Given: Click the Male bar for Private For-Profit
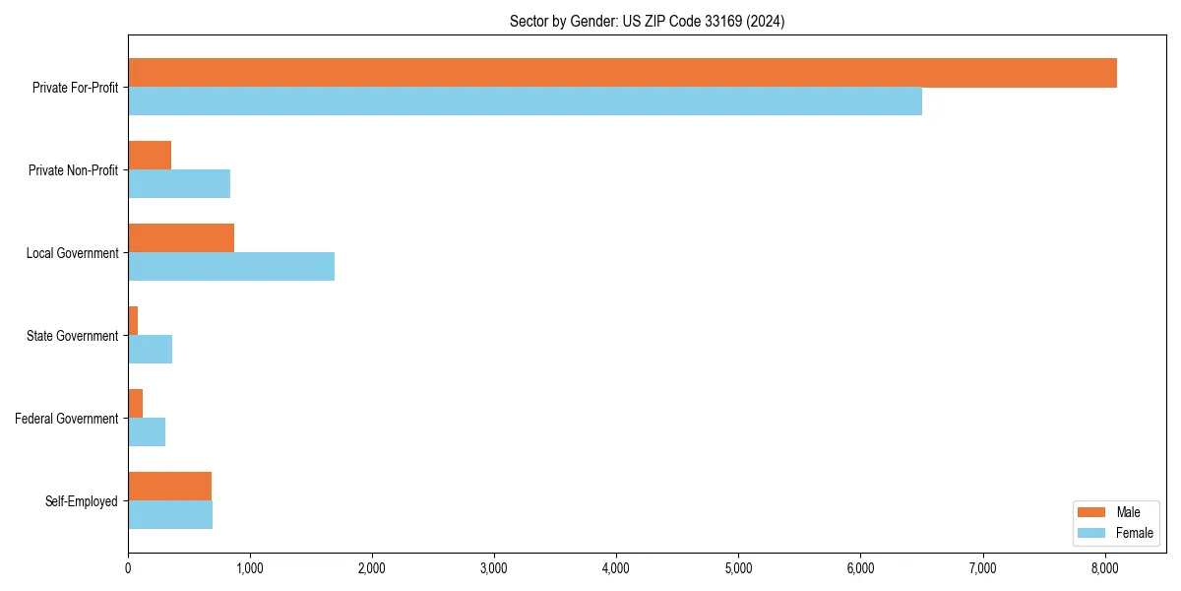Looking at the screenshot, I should tap(622, 73).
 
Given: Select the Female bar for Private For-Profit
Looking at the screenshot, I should tap(525, 101).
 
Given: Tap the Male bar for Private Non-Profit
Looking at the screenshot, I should tap(150, 156).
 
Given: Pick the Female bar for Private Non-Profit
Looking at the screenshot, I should tap(179, 184).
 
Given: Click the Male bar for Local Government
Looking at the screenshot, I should tap(181, 238).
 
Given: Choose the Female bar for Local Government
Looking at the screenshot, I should tap(231, 267).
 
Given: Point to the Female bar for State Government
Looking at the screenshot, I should tap(151, 350).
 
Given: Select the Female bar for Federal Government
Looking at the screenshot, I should tap(147, 432).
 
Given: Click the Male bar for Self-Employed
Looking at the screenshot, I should tap(169, 487).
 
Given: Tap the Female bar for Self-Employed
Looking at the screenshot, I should tap(170, 515).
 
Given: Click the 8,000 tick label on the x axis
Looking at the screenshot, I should tap(1104, 567).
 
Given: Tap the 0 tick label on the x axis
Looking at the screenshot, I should tap(128, 567).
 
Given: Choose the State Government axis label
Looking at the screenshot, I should tap(73, 336).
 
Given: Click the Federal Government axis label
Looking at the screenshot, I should tap(67, 419).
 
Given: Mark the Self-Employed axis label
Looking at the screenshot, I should tap(82, 501).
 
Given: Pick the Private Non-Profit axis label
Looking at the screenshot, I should tap(73, 170).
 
